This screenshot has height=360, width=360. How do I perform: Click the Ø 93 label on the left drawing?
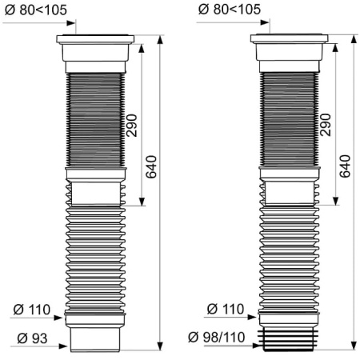coord(32,338)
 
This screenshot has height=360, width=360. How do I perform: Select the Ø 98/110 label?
coord(216,337)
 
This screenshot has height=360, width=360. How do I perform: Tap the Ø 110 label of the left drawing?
coord(32,310)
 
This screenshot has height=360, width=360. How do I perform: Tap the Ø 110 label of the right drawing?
coord(226,309)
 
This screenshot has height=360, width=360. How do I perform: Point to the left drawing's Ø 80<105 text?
coord(36,10)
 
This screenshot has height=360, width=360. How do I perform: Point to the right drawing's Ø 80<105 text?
coord(230,10)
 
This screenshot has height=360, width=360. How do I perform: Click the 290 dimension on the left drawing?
coord(132,126)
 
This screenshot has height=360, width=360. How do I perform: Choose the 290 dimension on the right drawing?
coord(326,125)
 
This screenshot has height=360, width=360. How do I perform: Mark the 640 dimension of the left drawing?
coord(151,166)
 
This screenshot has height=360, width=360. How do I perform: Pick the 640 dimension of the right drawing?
coord(345,166)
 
